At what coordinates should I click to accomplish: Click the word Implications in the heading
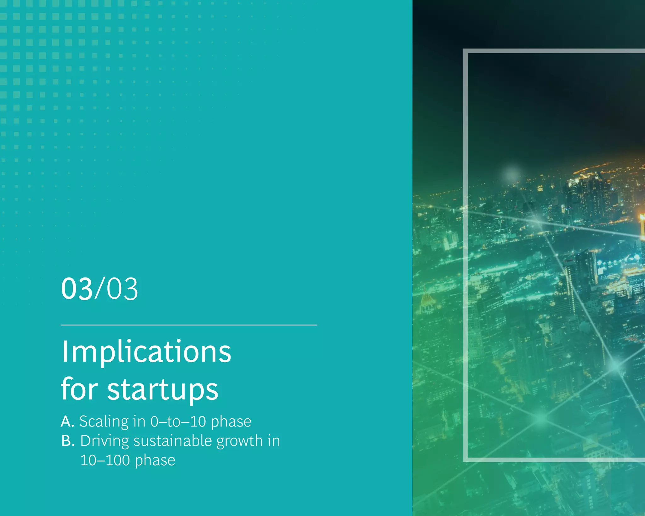coord(146,352)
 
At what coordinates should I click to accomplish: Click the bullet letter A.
coord(67,421)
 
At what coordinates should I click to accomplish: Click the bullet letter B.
coord(67,441)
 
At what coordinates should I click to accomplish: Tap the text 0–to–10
coord(178,421)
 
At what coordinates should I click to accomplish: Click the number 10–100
coord(105,460)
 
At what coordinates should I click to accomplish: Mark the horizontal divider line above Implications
coord(189,325)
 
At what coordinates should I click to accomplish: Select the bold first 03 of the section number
coord(77,289)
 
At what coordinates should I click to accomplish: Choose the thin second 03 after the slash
coord(122,289)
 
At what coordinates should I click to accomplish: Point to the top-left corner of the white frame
coord(465,51)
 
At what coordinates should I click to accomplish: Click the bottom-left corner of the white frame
coord(465,460)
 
